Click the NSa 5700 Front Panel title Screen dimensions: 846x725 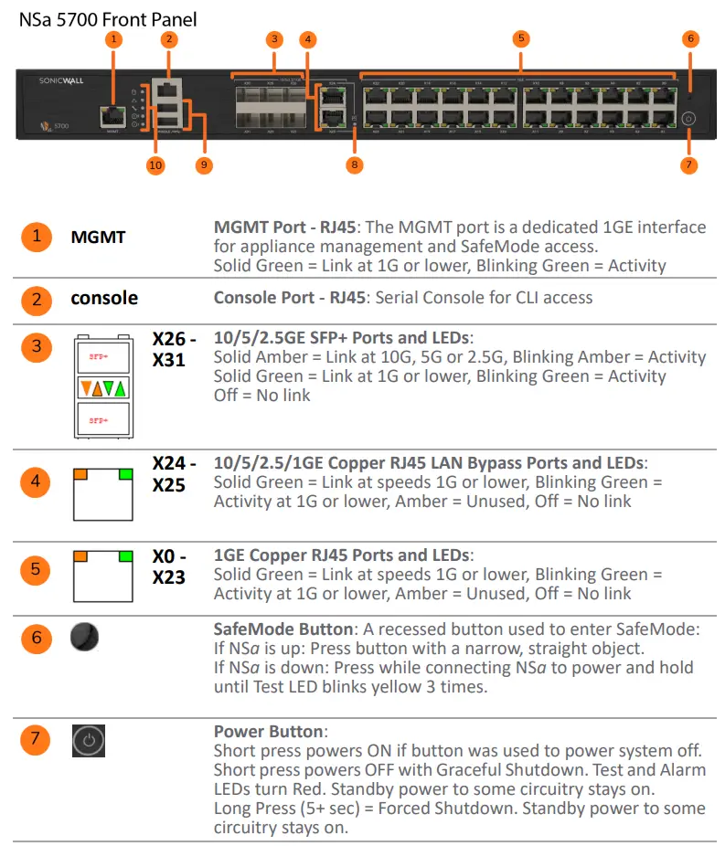[x=108, y=18]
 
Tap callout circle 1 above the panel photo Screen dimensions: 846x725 [x=113, y=38]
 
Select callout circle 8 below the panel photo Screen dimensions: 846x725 [x=355, y=164]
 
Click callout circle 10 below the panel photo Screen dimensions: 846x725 [x=155, y=164]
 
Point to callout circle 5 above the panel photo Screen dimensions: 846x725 [x=520, y=38]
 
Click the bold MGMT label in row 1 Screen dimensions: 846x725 [x=98, y=238]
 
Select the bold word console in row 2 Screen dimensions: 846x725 [x=104, y=298]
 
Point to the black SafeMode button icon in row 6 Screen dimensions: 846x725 [x=84, y=637]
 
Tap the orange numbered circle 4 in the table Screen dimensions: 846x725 [x=36, y=481]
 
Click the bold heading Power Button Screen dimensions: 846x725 [x=268, y=732]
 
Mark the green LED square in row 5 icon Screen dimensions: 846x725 [x=125, y=555]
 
